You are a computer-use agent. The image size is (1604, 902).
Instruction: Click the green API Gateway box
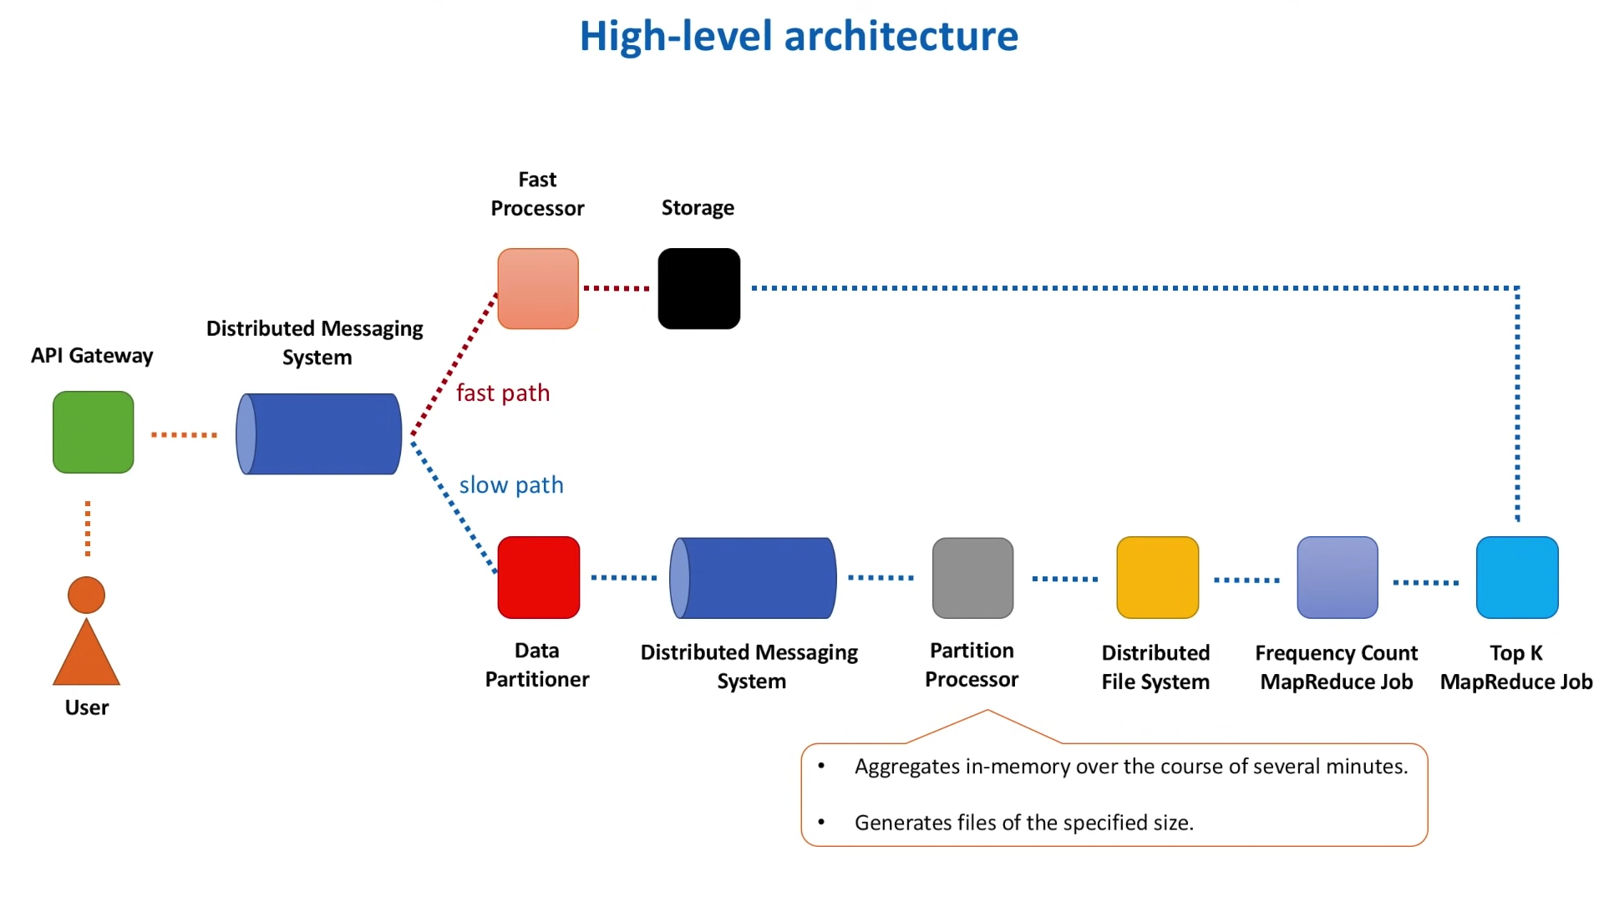(94, 432)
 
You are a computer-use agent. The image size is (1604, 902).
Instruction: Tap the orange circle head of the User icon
(86, 595)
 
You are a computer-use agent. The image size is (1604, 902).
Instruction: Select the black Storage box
(699, 288)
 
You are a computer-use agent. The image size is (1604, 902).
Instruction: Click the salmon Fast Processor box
(538, 288)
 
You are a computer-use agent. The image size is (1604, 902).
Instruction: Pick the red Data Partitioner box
(539, 577)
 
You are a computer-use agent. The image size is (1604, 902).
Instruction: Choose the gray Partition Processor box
(973, 578)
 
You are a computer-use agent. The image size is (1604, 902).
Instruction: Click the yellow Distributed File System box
(1158, 577)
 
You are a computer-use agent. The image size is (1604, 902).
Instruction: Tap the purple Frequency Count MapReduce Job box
(1338, 577)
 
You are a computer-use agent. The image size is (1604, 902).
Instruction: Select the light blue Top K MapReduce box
(1517, 577)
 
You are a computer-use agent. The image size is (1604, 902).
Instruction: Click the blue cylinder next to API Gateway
(319, 433)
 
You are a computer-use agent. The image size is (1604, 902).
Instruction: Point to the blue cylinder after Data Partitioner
(753, 578)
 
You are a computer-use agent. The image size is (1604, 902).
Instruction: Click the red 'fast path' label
(503, 393)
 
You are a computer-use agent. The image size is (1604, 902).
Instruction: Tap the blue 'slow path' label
(511, 484)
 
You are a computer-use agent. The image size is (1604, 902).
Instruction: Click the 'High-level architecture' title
(799, 36)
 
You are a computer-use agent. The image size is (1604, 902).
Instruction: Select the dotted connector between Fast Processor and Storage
(617, 288)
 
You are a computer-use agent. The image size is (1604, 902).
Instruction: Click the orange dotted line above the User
(88, 529)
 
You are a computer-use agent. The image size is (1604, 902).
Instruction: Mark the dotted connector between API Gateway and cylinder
(184, 434)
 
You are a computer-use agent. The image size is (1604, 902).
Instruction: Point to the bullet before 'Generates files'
(821, 822)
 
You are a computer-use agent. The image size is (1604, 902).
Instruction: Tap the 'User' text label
(87, 707)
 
